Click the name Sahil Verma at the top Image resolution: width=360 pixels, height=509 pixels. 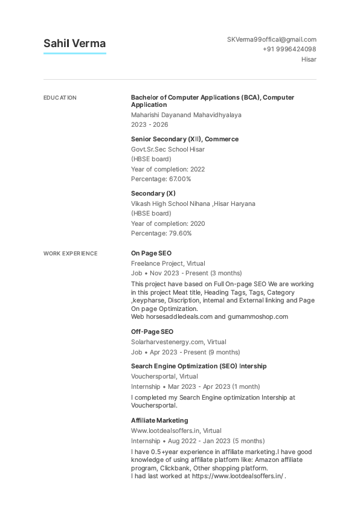[x=74, y=43]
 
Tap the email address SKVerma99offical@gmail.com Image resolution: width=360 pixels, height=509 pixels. [x=271, y=39]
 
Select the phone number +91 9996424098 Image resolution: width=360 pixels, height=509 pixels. [x=289, y=49]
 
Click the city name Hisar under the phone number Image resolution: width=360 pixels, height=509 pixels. [x=309, y=59]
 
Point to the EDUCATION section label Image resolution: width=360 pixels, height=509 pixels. [x=60, y=98]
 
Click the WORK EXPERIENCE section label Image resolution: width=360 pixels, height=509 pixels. [x=70, y=254]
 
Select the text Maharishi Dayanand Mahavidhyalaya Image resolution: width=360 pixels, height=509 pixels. [x=186, y=115]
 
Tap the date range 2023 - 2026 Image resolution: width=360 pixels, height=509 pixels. [x=149, y=124]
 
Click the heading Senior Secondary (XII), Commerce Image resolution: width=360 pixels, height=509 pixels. [x=184, y=139]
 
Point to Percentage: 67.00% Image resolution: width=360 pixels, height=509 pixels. [x=161, y=179]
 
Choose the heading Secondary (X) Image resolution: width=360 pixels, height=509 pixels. [x=153, y=193]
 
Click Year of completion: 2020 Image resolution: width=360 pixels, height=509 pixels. [x=168, y=223]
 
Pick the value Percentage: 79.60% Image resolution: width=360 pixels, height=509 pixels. [x=161, y=233]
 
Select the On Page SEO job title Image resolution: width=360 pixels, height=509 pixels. [x=151, y=254]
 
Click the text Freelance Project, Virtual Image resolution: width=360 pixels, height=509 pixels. [x=168, y=263]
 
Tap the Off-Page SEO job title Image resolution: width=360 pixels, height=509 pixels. [x=152, y=331]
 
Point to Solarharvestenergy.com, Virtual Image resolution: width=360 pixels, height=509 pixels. [x=179, y=342]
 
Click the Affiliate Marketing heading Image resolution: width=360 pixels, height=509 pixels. [x=159, y=420]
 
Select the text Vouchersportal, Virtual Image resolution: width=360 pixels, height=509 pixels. [x=164, y=376]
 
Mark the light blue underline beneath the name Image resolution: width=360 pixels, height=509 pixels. [x=74, y=53]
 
